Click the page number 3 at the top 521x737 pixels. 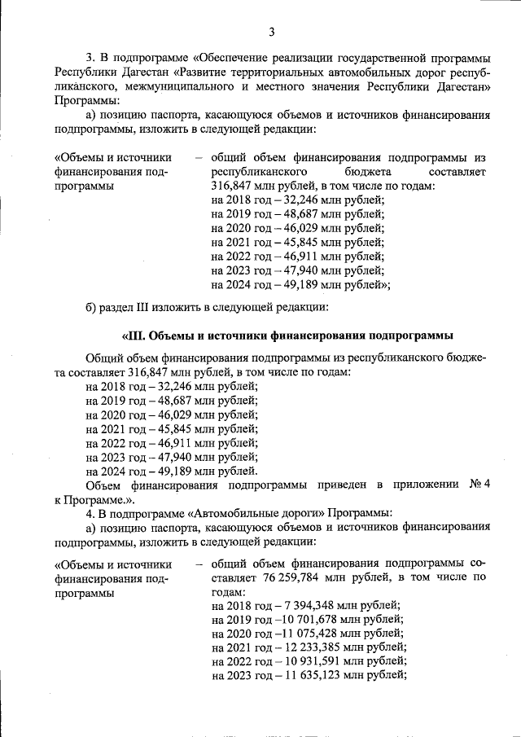click(272, 32)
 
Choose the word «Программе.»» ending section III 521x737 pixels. click(103, 499)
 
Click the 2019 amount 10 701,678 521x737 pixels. click(313, 619)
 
